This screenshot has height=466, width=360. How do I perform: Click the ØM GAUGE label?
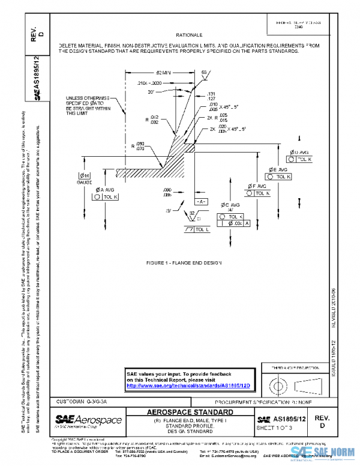(x=83, y=178)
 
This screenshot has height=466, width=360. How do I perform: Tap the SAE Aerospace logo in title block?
(x=88, y=419)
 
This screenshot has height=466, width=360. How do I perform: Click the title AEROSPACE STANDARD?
(x=189, y=413)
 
